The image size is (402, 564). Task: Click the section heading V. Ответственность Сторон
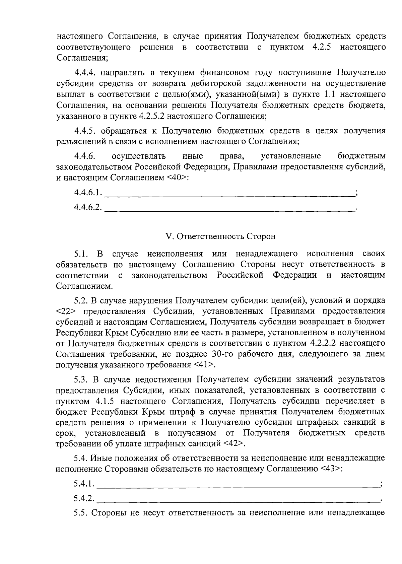click(221, 236)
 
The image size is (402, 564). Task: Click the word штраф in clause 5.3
click(184, 412)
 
